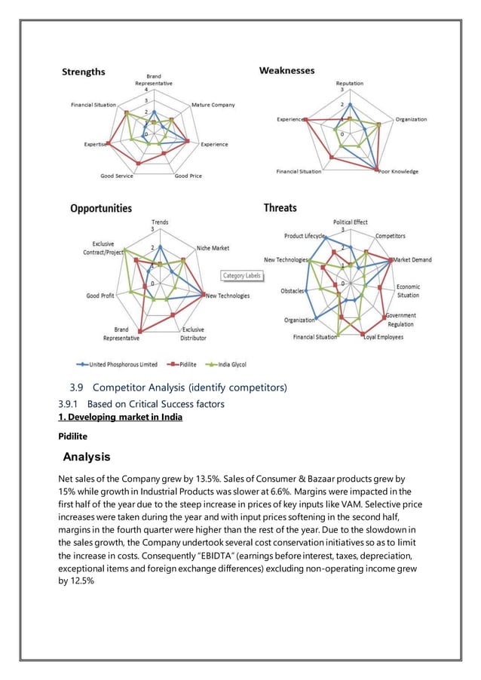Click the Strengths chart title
pos(83,72)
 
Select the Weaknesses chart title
pos(287,70)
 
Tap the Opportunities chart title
pos(101,208)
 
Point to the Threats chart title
pos(280,207)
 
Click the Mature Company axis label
pos(213,105)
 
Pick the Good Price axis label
pos(188,176)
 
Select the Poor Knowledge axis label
pos(399,172)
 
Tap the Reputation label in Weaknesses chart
pos(349,83)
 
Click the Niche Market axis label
pos(213,248)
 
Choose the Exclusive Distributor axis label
pos(193,334)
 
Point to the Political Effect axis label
pos(351,222)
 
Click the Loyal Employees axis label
pos(383,337)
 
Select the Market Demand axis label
pos(412,260)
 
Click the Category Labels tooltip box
pos(241,276)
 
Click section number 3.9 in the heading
pos(75,388)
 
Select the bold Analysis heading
pos(87,457)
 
